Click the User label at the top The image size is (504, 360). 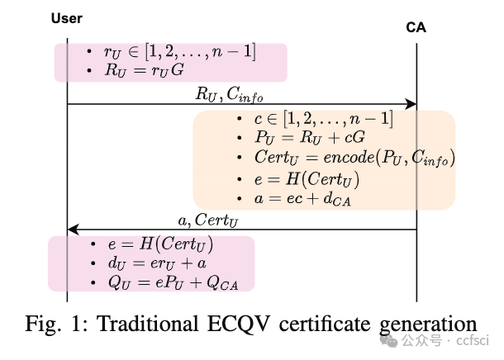[67, 18]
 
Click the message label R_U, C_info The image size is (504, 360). [231, 93]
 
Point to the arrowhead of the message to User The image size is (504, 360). [73, 230]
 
